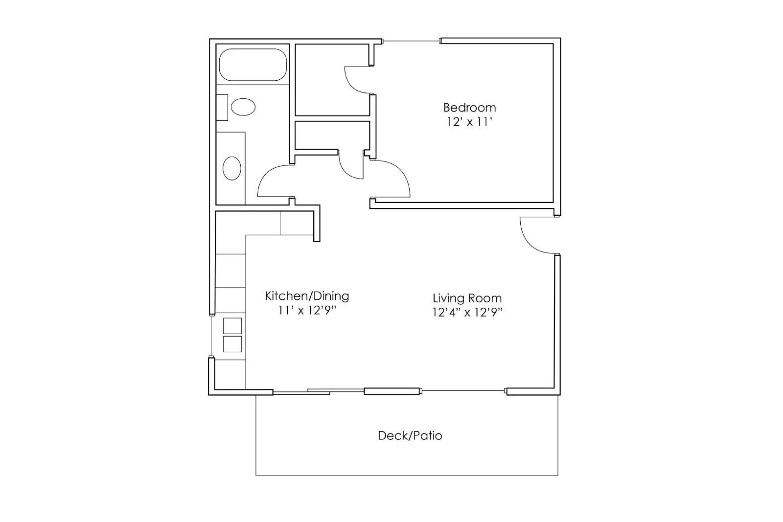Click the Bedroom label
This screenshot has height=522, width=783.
click(469, 108)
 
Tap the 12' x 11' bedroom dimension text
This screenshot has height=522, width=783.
click(469, 122)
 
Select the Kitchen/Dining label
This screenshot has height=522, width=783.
click(307, 296)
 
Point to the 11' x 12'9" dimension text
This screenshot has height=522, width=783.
click(307, 310)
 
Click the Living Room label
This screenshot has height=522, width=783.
click(467, 298)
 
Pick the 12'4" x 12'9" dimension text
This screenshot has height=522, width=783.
click(467, 313)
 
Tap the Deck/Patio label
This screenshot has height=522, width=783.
click(410, 435)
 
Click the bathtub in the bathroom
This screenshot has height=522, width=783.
click(253, 65)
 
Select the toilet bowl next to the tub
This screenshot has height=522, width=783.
click(243, 107)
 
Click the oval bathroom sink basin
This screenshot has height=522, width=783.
click(232, 169)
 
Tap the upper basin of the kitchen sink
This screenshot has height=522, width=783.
click(232, 326)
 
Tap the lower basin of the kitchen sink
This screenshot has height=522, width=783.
click(232, 344)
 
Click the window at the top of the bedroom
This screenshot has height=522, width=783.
click(412, 41)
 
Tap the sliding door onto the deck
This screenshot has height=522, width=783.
click(318, 391)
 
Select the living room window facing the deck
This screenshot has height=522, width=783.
click(463, 391)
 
